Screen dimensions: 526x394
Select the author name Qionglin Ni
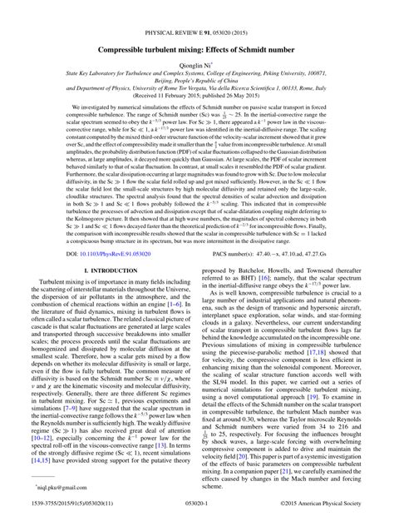point(196,42)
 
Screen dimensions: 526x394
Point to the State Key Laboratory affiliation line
point(197,52)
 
